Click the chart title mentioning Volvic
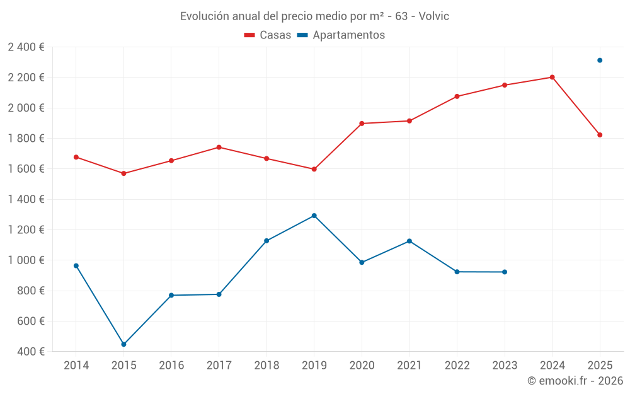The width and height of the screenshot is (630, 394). click(314, 16)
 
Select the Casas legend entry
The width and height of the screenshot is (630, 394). click(268, 35)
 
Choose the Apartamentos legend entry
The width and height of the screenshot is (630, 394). click(341, 35)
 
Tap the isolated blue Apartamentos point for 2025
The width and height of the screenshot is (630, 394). click(600, 61)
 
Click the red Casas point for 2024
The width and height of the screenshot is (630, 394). click(552, 78)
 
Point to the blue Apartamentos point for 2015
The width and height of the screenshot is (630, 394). click(123, 344)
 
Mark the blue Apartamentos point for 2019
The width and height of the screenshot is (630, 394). click(314, 216)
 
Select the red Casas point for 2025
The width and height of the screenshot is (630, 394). click(600, 135)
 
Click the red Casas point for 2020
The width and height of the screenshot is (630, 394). click(362, 124)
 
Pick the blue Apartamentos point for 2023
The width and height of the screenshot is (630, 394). click(505, 272)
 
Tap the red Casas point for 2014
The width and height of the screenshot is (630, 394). click(76, 157)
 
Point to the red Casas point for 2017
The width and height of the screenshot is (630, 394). click(219, 148)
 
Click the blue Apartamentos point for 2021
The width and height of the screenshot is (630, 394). click(409, 241)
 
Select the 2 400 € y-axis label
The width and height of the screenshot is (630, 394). click(26, 47)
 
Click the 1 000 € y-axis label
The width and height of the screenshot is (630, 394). click(26, 260)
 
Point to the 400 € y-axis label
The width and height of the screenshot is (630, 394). click(30, 352)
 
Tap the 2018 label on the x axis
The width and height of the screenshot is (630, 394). click(266, 366)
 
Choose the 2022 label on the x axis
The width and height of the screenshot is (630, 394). click(457, 366)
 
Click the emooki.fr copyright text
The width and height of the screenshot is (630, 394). click(575, 381)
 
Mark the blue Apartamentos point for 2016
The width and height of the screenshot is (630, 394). click(171, 295)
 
